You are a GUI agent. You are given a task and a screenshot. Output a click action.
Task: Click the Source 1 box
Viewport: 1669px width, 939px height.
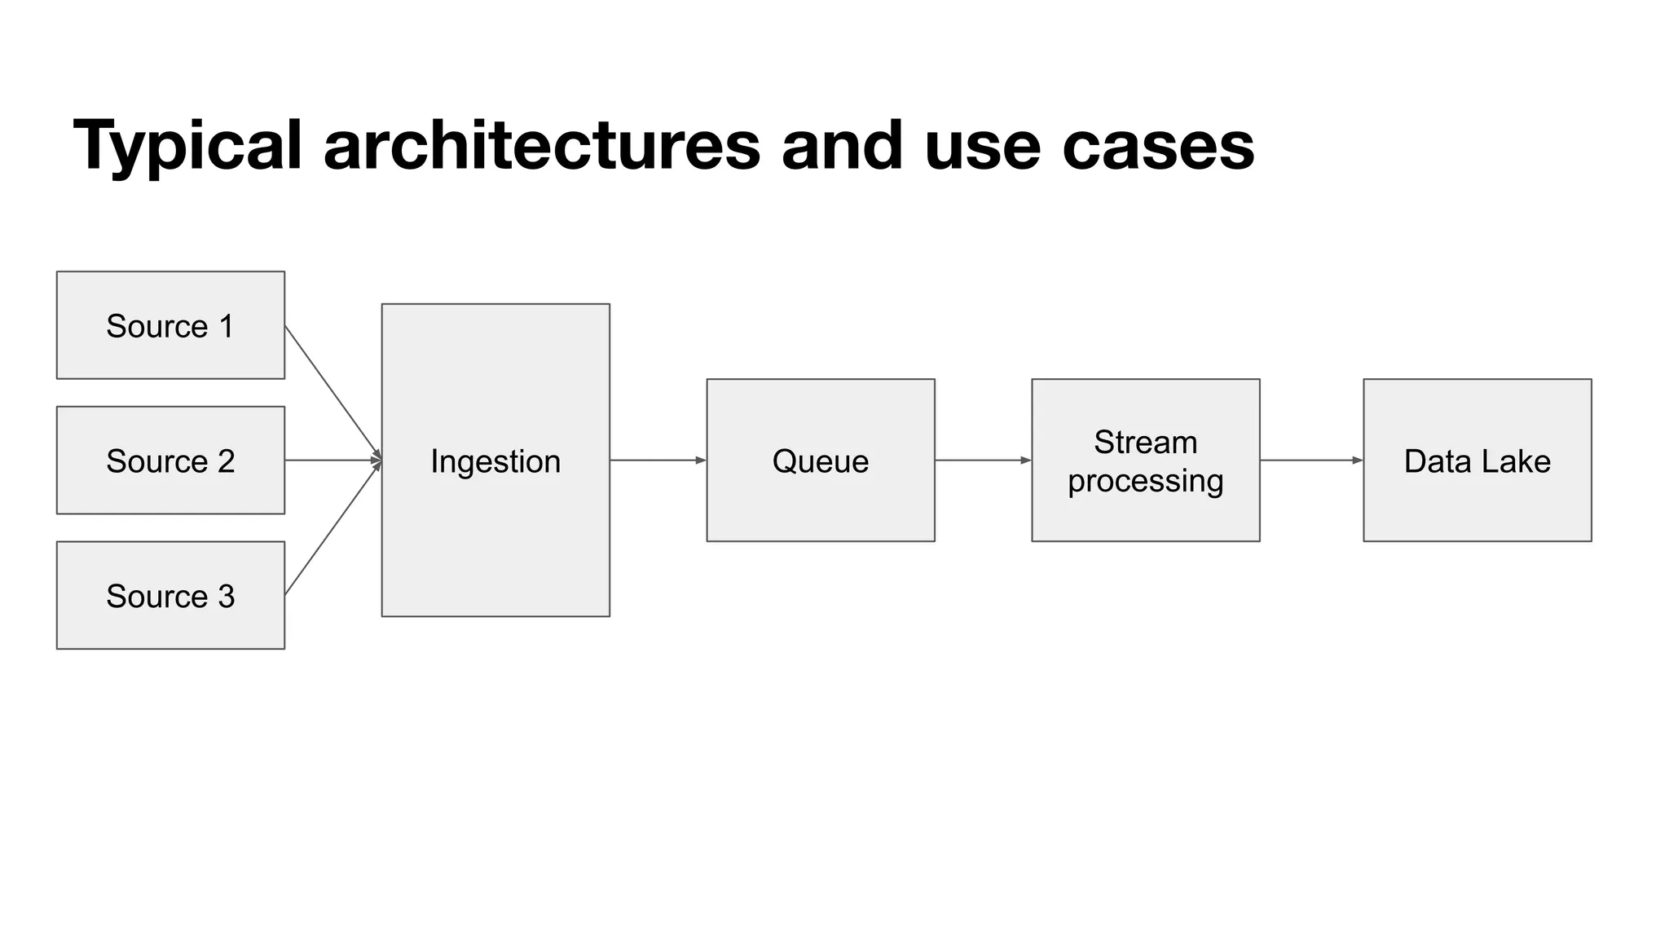pos(170,325)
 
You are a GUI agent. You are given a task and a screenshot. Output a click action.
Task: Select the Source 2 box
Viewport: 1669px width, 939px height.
pos(170,461)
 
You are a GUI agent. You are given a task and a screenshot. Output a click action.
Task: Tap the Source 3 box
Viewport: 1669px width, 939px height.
pos(170,596)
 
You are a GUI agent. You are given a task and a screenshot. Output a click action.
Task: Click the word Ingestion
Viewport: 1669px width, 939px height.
pos(495,461)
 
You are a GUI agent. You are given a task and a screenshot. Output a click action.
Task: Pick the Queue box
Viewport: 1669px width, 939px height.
pos(820,461)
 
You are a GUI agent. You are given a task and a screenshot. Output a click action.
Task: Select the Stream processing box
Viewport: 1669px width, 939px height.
pos(1145,461)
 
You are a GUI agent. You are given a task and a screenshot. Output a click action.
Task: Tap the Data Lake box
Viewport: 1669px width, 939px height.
pos(1477,461)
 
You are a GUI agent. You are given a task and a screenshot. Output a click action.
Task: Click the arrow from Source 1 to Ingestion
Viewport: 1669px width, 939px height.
pos(332,392)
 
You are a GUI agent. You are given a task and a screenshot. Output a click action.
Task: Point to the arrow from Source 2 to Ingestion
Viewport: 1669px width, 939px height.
pos(332,461)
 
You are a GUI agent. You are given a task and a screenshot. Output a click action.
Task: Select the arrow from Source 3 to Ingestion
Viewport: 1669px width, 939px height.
pos(332,528)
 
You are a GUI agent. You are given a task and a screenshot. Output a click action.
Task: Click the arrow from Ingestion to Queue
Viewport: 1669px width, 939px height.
pos(657,461)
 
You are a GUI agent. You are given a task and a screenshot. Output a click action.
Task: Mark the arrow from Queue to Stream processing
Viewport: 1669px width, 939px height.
pos(982,461)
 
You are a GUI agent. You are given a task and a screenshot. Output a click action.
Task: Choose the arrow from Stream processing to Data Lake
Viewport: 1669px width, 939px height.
pos(1310,461)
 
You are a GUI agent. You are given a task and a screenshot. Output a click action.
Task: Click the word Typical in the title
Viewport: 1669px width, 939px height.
pos(187,147)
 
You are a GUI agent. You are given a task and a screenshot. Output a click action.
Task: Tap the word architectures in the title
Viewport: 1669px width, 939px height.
pos(541,147)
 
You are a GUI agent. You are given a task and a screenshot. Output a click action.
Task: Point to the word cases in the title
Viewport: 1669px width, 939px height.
pos(1158,147)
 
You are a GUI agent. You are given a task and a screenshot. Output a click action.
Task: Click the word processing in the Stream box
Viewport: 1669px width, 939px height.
pos(1145,481)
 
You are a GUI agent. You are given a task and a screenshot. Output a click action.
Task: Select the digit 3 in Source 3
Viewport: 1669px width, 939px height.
pos(227,597)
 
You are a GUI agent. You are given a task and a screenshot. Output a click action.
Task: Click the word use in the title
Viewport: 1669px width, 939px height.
pos(982,147)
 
